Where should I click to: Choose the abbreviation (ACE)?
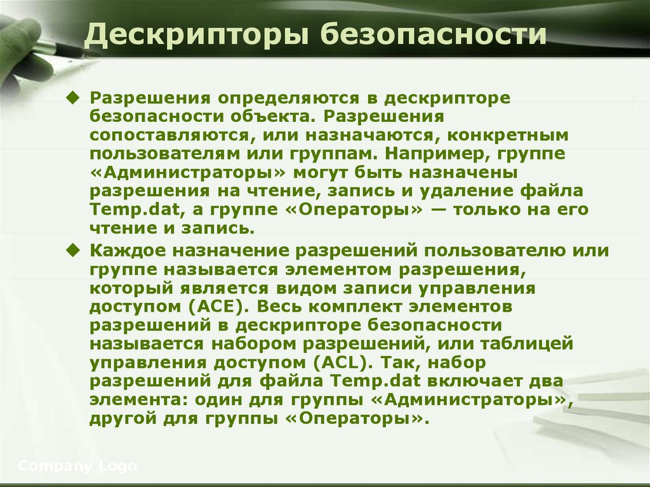[x=216, y=306]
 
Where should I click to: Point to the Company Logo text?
[x=77, y=466]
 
